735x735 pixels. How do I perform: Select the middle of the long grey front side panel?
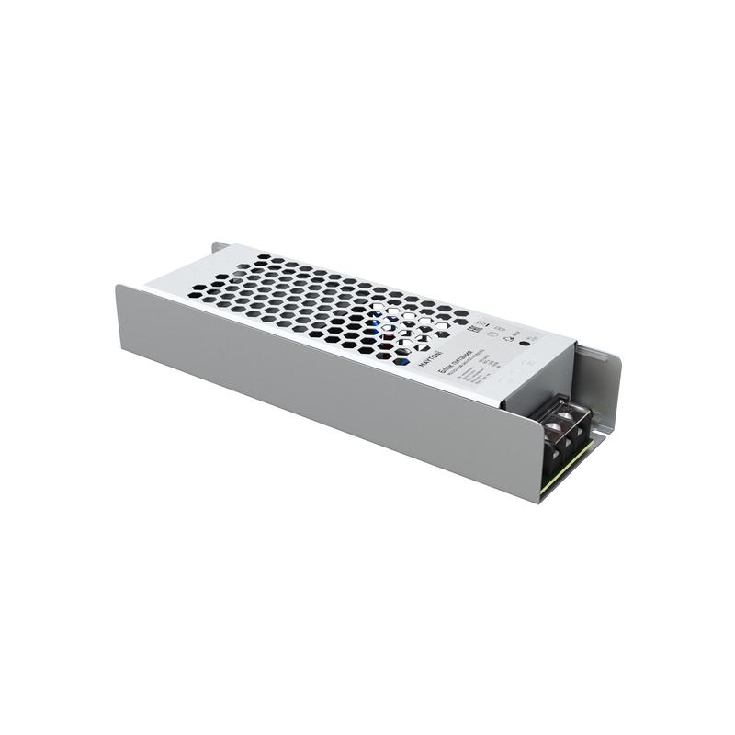(322, 390)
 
